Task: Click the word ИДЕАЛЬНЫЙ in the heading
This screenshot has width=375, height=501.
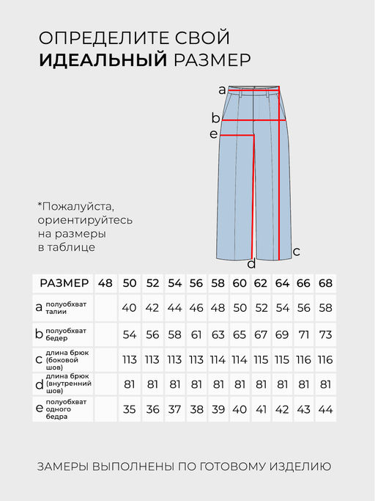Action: (x=103, y=60)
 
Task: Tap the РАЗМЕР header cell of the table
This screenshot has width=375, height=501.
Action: (x=64, y=284)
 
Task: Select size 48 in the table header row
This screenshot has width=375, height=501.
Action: (x=105, y=284)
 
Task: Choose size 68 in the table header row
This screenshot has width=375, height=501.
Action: (x=325, y=284)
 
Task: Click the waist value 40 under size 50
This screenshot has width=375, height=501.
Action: (x=130, y=307)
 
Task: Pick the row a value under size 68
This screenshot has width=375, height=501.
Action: (x=325, y=307)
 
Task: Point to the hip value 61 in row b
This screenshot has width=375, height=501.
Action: (x=196, y=334)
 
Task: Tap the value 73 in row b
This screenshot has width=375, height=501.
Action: (x=325, y=334)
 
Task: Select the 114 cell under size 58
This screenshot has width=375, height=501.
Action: (x=218, y=359)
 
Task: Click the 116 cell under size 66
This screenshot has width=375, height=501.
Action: (x=303, y=359)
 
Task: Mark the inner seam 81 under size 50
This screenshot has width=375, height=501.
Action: (x=130, y=384)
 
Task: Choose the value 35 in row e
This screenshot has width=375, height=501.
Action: (x=130, y=409)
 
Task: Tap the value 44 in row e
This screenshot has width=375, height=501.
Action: (x=325, y=409)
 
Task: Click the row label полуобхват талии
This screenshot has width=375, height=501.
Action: (x=66, y=307)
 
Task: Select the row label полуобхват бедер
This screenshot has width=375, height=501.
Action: (x=66, y=334)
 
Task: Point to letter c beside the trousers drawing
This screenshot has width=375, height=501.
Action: (x=296, y=251)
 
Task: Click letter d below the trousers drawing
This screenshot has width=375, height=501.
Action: (x=251, y=264)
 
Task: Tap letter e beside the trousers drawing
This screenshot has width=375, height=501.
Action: (x=213, y=134)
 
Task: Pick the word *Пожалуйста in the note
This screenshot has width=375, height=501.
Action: (x=76, y=206)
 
